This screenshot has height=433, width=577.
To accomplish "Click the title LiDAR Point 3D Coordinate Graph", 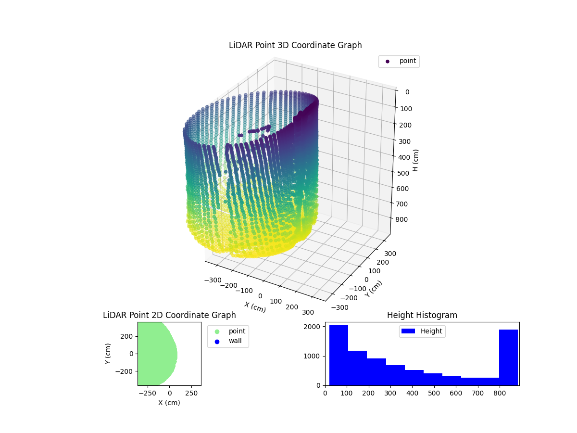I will point(295,45).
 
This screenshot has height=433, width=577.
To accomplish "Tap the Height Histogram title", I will point(422,315).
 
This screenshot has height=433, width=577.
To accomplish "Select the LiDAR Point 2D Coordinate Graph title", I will point(169,315).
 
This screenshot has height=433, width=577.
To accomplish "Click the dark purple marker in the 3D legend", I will point(388,62).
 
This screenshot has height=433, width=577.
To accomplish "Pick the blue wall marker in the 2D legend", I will point(217,341).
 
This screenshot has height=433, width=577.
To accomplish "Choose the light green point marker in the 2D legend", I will point(217,331).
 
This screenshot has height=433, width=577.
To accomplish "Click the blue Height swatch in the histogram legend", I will point(408,331).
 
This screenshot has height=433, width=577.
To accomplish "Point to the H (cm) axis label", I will point(416,160).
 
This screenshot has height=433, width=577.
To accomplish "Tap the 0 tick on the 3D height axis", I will point(407,92).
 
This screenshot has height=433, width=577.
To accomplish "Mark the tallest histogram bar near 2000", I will point(339,355).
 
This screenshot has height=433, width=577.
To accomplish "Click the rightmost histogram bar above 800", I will point(508,357).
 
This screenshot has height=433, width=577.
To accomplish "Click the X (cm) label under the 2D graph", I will point(169,403).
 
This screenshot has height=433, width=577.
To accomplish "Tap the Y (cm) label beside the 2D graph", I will point(108,354).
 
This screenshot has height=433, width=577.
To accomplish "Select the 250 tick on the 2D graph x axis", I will point(192,393).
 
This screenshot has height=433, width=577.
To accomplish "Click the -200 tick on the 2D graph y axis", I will point(126,371).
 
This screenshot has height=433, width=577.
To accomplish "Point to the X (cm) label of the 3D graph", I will point(255,307).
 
